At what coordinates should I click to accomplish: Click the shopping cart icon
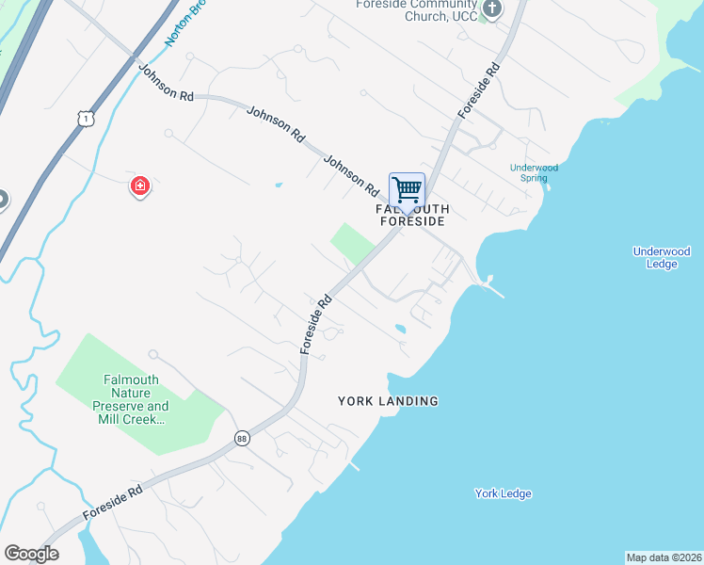coord(407,189)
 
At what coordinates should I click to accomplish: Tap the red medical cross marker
coord(140,186)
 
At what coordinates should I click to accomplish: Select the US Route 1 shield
coord(85,117)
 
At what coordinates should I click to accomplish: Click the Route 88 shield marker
coord(242,439)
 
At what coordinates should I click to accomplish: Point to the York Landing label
coord(388,401)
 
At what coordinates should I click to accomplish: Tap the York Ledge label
coord(503,493)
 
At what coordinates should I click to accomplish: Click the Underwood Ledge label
coord(662,257)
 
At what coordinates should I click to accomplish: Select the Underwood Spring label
coord(534,173)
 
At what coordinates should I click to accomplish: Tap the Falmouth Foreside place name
coord(412,215)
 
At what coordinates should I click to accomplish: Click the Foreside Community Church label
coord(416,9)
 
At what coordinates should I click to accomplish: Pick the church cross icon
coord(490,8)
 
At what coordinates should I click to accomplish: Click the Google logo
coord(31,554)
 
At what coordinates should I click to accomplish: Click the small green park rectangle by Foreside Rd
coord(352,243)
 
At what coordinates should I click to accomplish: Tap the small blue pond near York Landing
coord(400,330)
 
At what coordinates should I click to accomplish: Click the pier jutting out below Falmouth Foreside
coord(493,287)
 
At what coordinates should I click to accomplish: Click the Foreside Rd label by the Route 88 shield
coord(112,503)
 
